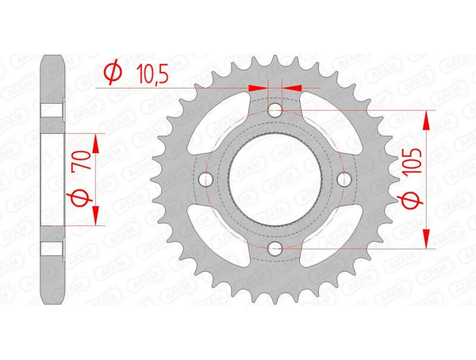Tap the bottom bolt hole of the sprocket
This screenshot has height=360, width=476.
point(274,249)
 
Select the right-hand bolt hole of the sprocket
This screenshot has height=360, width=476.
point(344,180)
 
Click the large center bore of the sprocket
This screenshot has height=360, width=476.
point(274,180)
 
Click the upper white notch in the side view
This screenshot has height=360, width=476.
point(52,112)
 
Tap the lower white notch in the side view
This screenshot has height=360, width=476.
point(52,247)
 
